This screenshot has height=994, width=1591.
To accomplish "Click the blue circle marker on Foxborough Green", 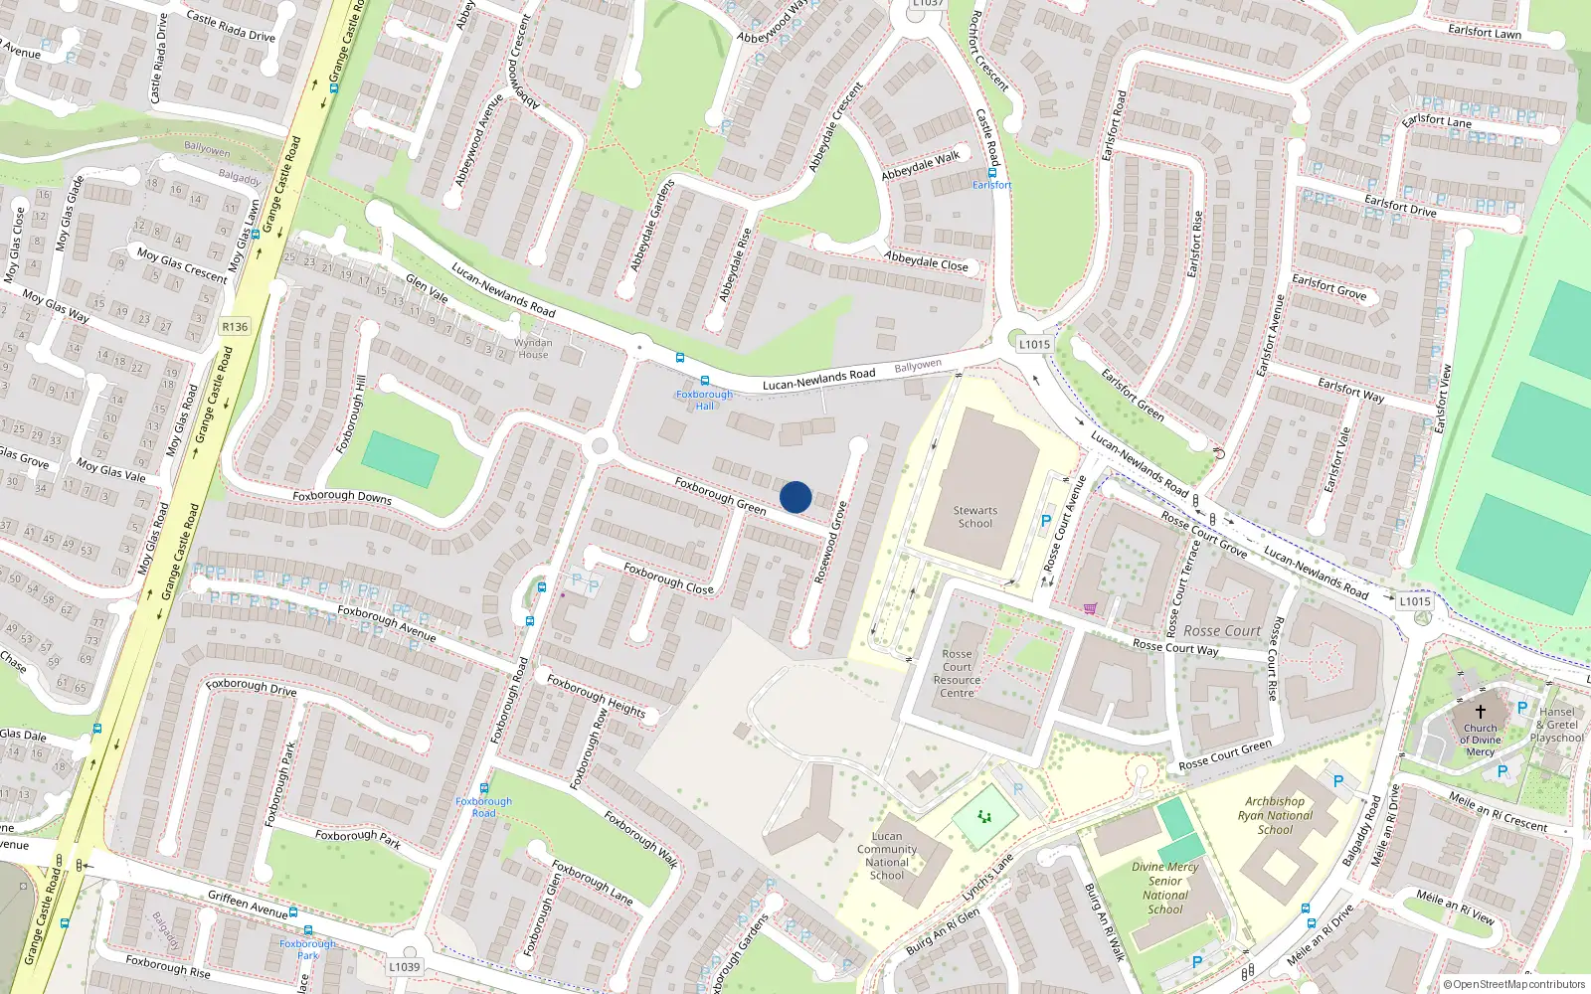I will [795, 497].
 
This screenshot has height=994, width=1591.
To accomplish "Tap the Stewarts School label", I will [975, 517].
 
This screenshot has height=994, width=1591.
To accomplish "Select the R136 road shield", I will [235, 327].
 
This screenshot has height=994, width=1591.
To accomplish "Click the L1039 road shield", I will [405, 966].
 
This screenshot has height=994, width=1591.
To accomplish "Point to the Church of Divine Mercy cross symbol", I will [1480, 712].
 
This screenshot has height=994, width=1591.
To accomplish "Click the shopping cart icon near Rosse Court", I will [1090, 608].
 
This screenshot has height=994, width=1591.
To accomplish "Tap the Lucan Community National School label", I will [887, 856].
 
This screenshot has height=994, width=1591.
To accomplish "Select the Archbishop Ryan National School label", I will [1275, 815].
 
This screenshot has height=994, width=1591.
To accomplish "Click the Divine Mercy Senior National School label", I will [1165, 888].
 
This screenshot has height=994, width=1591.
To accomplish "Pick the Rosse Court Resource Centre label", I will [957, 674].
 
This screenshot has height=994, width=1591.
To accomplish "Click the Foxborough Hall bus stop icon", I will [704, 381].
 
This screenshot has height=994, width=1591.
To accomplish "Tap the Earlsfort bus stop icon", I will [991, 172].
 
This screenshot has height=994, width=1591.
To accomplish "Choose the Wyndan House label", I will [533, 349].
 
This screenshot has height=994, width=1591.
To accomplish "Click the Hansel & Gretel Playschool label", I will [1557, 725].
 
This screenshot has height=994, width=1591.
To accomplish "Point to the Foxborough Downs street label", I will [342, 496].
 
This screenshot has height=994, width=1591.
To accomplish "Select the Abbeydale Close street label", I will [926, 261].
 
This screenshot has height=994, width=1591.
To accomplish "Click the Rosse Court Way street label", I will [1175, 647].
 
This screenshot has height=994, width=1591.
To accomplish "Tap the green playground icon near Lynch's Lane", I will [984, 817].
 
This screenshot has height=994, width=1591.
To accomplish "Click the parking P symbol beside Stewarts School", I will [1045, 521].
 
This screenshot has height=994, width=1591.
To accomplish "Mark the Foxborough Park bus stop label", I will [307, 949].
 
